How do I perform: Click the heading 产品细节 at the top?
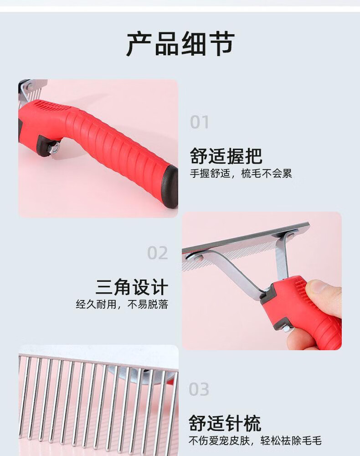(180, 44)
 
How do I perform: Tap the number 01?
(200, 122)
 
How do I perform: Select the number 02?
(158, 253)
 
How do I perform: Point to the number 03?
(199, 389)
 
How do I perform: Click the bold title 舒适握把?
(226, 156)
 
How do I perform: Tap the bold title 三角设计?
(132, 287)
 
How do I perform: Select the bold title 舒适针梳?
(225, 423)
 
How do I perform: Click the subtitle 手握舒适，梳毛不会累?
(241, 174)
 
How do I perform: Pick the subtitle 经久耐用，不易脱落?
(122, 305)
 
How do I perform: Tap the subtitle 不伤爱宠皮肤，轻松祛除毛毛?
(255, 441)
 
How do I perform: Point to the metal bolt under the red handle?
(55, 148)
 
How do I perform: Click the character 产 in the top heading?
(139, 44)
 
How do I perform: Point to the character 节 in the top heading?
(222, 44)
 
